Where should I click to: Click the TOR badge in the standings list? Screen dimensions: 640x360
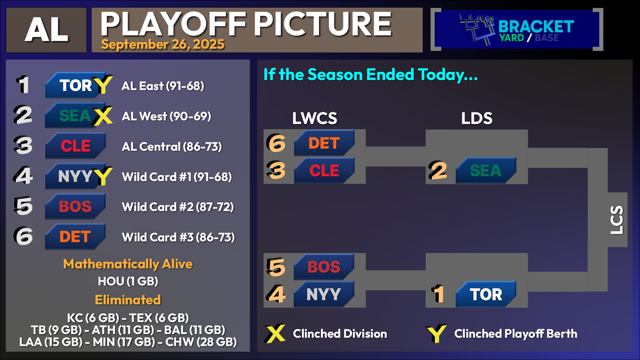tap(76, 85)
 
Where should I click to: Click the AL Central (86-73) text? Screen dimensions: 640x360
tap(172, 147)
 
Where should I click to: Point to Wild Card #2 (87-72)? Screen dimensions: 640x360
tap(178, 207)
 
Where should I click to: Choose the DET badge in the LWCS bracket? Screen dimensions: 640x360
tap(324, 143)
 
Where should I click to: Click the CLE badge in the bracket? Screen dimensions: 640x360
tap(324, 170)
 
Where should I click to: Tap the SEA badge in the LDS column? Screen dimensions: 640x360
tap(486, 170)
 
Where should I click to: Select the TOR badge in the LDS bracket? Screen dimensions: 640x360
tap(486, 294)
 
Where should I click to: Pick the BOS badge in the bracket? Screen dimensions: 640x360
tap(324, 267)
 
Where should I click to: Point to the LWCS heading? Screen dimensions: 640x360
tap(315, 118)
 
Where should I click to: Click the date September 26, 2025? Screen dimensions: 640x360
tap(163, 44)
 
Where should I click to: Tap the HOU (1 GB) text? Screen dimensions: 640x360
tap(128, 281)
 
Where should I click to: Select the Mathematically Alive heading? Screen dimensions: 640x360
tap(128, 264)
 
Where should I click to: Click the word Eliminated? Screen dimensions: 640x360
tap(128, 300)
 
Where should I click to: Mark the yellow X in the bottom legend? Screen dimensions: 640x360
tap(275, 333)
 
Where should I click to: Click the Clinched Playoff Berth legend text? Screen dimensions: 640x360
tap(516, 334)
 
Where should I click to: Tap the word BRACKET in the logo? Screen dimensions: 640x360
tap(536, 26)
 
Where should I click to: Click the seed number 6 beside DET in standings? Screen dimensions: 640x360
tap(23, 236)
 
